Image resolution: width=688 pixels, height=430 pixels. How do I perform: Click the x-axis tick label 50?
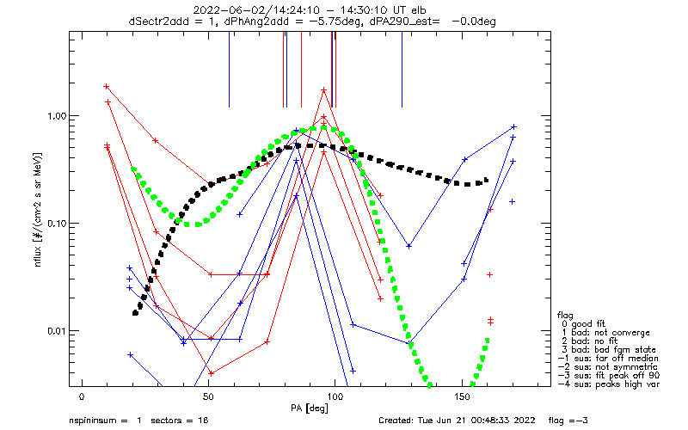click(x=208, y=397)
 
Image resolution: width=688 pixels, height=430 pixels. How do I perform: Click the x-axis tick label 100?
click(x=335, y=397)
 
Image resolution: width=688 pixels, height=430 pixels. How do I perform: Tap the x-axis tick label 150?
click(x=462, y=397)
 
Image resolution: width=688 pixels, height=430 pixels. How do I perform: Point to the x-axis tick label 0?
click(x=82, y=397)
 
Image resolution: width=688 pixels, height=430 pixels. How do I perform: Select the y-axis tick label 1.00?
click(x=56, y=116)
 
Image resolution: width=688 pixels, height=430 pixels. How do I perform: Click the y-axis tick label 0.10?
click(x=56, y=224)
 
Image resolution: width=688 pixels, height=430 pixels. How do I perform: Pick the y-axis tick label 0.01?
click(x=56, y=330)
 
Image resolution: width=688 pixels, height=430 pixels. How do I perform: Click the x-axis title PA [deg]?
click(x=310, y=408)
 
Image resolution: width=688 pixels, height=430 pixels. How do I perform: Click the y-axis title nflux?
click(x=38, y=255)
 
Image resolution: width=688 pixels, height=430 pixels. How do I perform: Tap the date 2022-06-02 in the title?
click(x=228, y=10)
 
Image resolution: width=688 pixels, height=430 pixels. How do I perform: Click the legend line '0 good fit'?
click(x=583, y=324)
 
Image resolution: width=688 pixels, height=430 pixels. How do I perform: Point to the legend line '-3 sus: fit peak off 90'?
click(x=609, y=376)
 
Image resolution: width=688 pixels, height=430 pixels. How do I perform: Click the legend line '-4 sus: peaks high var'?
click(x=609, y=384)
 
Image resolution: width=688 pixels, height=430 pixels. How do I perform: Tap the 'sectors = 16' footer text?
click(x=180, y=421)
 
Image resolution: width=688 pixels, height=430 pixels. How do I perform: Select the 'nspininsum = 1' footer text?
click(x=105, y=421)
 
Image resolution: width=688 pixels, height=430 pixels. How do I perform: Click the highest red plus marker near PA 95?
click(x=324, y=90)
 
